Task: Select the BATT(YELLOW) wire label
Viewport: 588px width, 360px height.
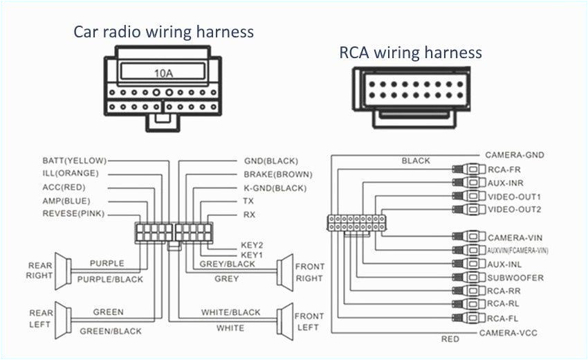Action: click(x=75, y=161)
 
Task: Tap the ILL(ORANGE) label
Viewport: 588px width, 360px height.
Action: click(x=71, y=173)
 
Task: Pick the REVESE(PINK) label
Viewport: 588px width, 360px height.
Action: click(x=73, y=213)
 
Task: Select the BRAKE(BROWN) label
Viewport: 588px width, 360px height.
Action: click(x=277, y=174)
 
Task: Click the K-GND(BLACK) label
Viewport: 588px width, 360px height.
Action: click(x=275, y=188)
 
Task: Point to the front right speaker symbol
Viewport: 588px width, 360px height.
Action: click(x=284, y=271)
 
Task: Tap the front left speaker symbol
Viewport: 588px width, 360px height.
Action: click(x=284, y=320)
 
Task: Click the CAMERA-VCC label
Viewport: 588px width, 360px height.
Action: click(x=508, y=332)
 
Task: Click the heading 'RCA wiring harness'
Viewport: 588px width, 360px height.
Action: click(x=410, y=53)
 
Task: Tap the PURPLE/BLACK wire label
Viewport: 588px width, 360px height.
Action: click(x=110, y=279)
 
